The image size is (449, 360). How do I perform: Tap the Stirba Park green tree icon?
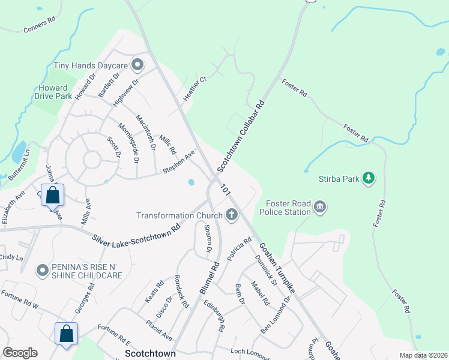369,178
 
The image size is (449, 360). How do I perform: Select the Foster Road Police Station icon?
319,208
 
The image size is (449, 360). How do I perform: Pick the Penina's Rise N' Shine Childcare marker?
42,271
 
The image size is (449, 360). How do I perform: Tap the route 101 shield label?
226,188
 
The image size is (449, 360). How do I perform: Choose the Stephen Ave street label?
179,162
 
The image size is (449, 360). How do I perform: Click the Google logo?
20,353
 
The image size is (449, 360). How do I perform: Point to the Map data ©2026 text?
423,355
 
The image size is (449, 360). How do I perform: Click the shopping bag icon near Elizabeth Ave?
53,196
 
